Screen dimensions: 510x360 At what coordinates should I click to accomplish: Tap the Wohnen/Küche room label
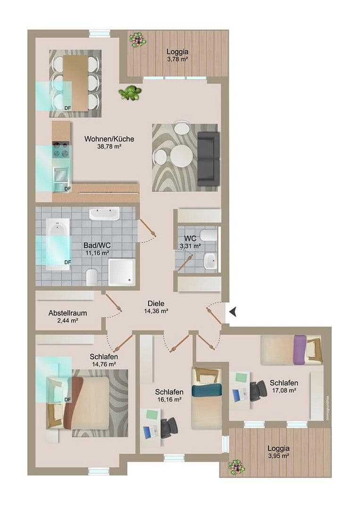109,139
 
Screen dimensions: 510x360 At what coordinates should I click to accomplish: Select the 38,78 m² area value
109,146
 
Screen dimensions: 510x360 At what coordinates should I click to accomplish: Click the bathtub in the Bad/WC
57,244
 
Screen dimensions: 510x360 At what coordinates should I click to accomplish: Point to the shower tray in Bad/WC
122,272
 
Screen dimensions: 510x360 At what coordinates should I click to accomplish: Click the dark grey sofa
208,158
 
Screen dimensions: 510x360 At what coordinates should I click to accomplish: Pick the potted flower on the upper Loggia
137,39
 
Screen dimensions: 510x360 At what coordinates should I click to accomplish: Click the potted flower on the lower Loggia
236,467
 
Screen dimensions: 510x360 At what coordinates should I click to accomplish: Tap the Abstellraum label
67,313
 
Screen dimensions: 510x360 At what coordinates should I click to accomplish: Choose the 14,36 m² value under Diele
156,311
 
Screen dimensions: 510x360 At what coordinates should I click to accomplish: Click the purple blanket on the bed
300,350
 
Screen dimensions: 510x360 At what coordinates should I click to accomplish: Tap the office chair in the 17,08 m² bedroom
258,391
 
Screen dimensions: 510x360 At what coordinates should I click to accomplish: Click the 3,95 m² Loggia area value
278,456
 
